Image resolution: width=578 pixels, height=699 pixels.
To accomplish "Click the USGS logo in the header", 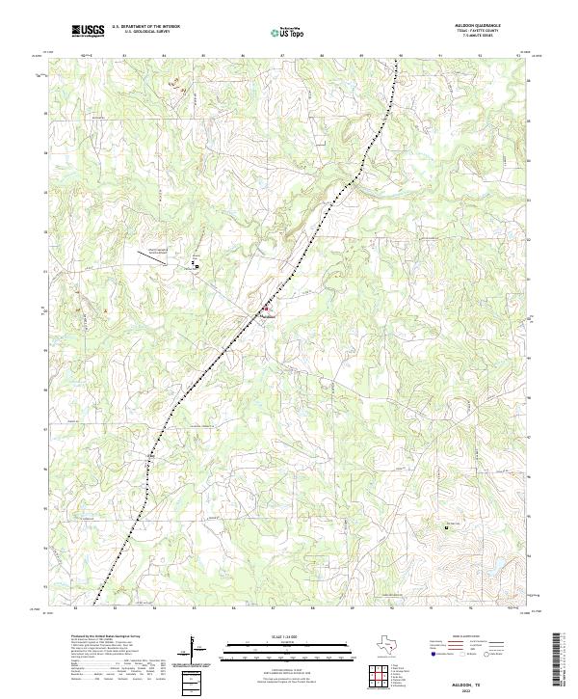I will point(89,31).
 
